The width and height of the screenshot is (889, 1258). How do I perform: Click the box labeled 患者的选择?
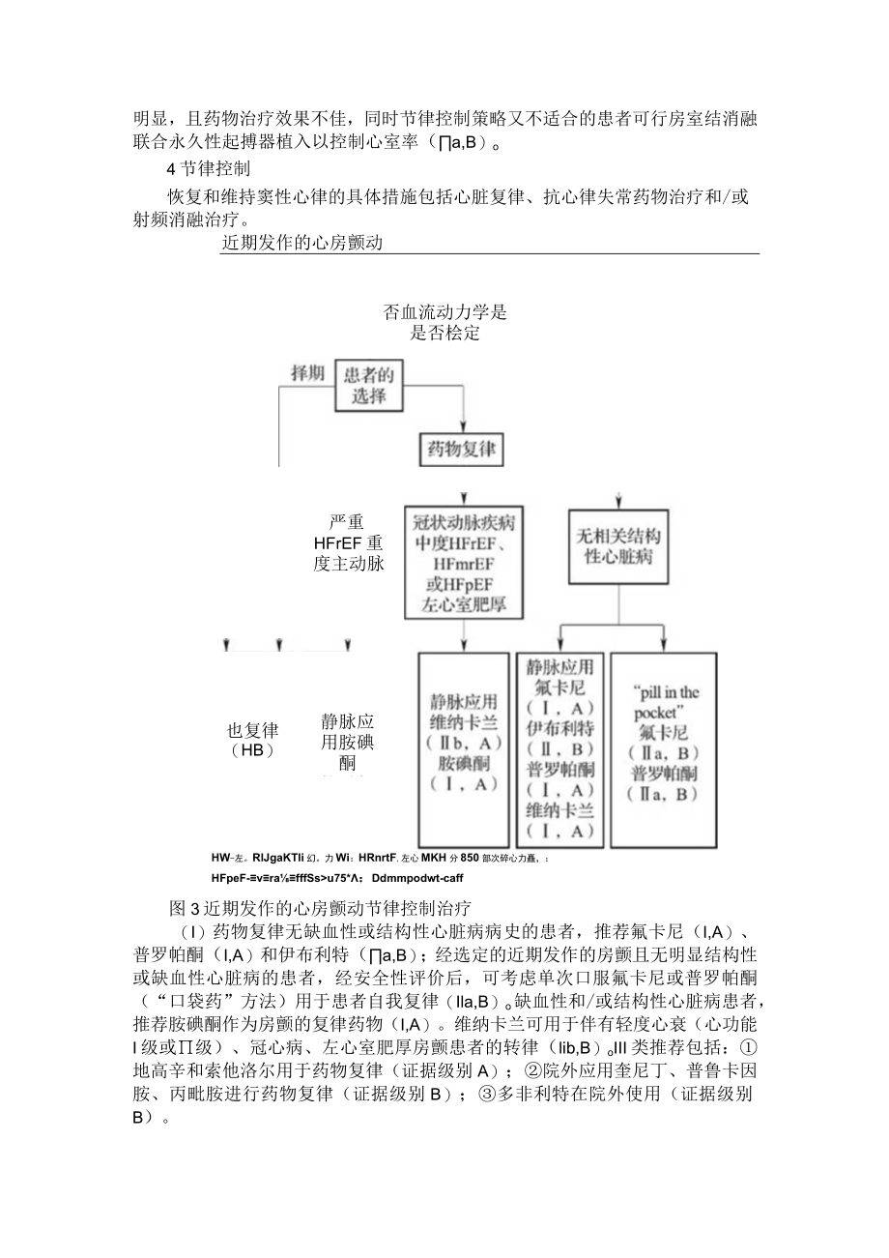pyautogui.click(x=369, y=384)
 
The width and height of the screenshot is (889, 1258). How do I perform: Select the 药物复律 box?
pyautogui.click(x=464, y=450)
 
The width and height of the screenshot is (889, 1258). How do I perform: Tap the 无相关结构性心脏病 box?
pyautogui.click(x=618, y=546)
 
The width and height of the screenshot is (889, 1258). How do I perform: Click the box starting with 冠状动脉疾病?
pyautogui.click(x=464, y=561)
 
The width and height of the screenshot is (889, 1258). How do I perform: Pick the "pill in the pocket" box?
pyautogui.click(x=664, y=749)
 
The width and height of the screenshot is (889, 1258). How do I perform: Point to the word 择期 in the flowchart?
pyautogui.click(x=308, y=373)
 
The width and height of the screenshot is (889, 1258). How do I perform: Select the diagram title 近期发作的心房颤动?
pyautogui.click(x=302, y=243)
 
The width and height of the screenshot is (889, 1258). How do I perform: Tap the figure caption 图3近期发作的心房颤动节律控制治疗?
pyautogui.click(x=319, y=908)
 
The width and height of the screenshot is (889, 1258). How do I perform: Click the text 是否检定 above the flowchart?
pyautogui.click(x=445, y=334)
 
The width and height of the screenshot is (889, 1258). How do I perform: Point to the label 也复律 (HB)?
pyautogui.click(x=252, y=741)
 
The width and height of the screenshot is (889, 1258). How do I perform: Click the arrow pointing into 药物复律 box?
pyautogui.click(x=464, y=424)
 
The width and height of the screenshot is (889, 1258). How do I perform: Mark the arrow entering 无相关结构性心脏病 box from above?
pyautogui.click(x=618, y=501)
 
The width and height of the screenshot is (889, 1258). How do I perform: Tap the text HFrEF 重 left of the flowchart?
pyautogui.click(x=348, y=543)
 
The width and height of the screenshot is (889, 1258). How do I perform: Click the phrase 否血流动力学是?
pyautogui.click(x=445, y=313)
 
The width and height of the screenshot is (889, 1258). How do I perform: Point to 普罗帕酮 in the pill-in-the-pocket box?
pyautogui.click(x=664, y=774)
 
